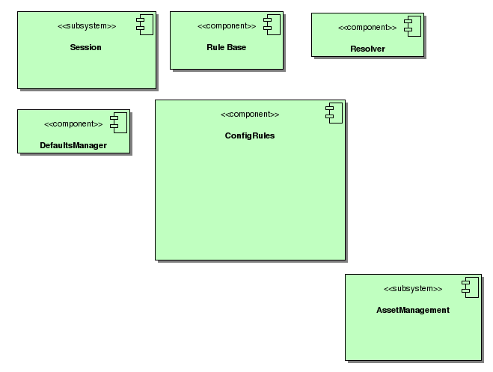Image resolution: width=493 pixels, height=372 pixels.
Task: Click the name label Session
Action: [85, 47]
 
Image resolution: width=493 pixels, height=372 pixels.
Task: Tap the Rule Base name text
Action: [226, 47]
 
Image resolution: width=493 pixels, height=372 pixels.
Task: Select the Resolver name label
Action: [367, 49]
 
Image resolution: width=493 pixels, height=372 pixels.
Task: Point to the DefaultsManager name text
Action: [73, 145]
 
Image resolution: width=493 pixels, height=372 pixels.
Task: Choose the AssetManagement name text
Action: [413, 309]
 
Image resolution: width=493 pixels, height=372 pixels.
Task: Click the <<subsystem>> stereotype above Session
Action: [87, 26]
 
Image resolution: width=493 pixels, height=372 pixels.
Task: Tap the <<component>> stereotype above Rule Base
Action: [227, 26]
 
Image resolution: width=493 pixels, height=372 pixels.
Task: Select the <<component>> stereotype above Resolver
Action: [367, 28]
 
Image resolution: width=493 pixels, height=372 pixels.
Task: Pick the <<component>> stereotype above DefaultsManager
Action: [73, 124]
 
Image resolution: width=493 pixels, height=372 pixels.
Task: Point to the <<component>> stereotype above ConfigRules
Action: [250, 115]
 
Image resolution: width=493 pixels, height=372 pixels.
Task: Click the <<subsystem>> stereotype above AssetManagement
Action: [413, 288]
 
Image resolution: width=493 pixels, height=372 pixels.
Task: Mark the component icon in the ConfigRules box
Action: [334, 113]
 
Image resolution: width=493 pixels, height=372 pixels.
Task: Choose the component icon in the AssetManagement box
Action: [470, 287]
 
